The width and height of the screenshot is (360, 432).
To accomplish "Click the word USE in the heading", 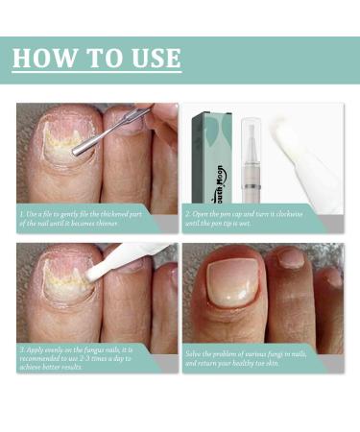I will [x=151, y=57].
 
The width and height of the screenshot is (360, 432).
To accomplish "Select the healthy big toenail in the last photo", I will [x=235, y=288].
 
